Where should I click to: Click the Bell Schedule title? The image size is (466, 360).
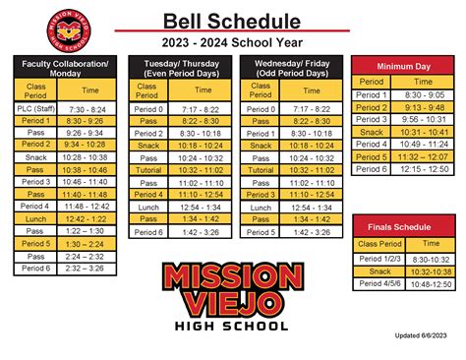(233, 20)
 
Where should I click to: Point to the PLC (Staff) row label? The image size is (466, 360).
(34, 109)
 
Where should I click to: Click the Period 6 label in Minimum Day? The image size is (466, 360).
(372, 169)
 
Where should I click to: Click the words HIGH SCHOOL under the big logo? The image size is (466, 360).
(233, 326)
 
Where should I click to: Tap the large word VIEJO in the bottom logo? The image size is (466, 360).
(233, 301)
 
